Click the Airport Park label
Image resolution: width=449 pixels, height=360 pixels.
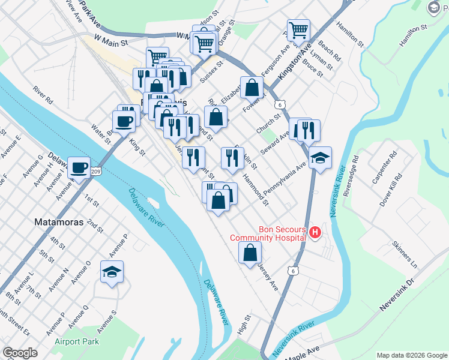click(x=76, y=341)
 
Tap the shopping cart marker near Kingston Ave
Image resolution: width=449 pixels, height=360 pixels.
click(x=298, y=29)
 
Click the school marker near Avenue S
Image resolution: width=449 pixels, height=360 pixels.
click(x=112, y=272)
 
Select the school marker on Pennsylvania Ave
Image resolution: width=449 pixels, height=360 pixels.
click(x=321, y=158)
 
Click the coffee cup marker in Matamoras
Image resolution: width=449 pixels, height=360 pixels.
click(x=79, y=167)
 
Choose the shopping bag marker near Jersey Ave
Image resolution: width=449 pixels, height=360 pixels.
click(x=250, y=251)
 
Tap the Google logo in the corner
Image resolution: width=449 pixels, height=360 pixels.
click(x=20, y=353)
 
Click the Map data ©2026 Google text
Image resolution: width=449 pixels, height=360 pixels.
click(x=412, y=355)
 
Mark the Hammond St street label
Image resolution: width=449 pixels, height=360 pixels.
click(x=256, y=187)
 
